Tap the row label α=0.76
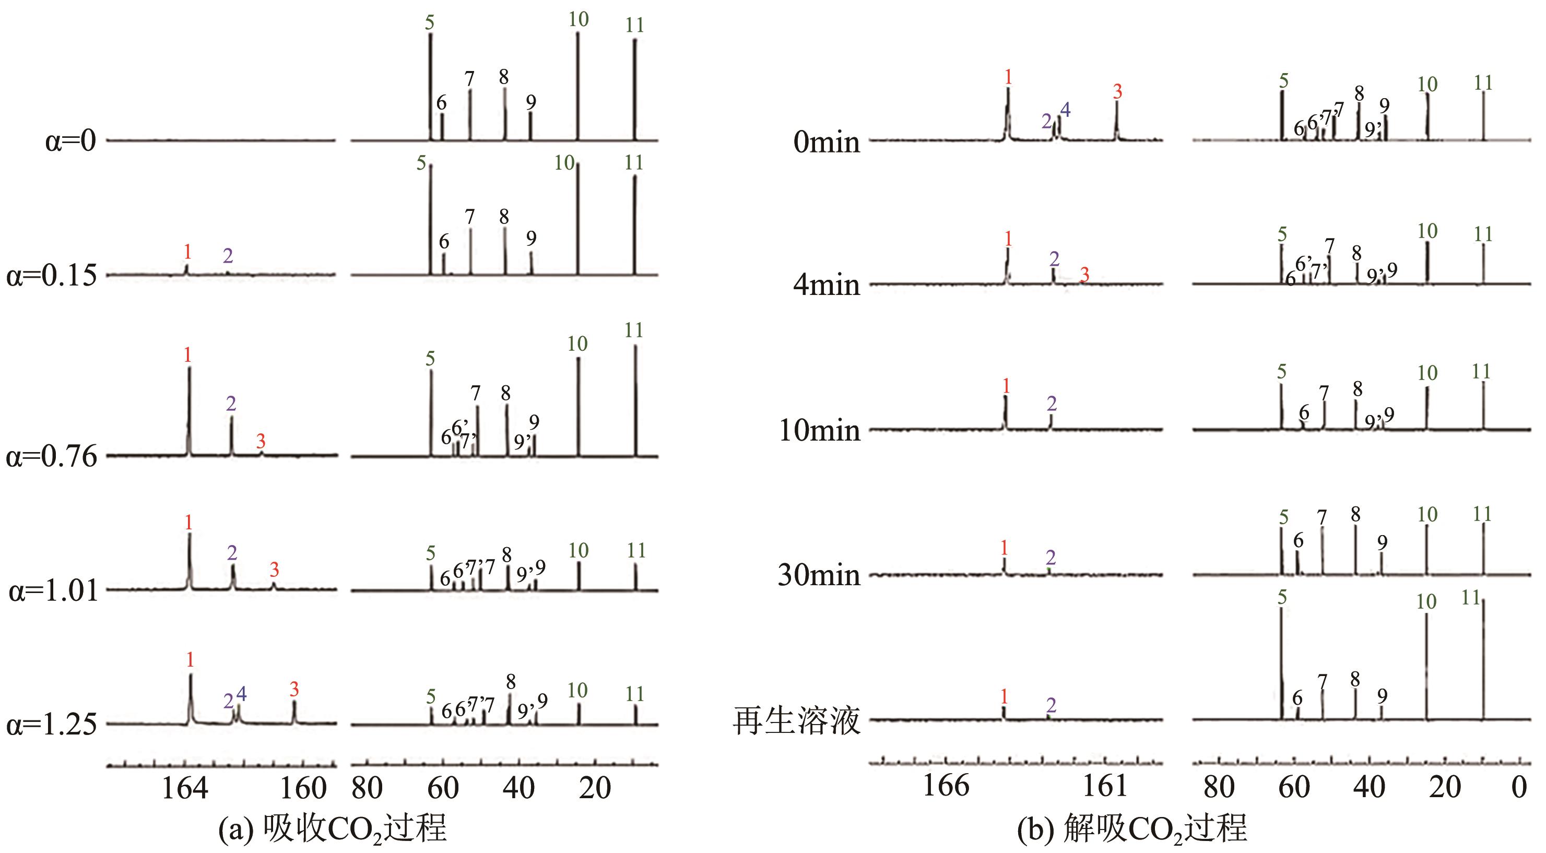pos(52,457)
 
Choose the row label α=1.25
pos(52,725)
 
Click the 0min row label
pos(827,143)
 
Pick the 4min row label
pos(827,285)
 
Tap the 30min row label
pos(819,575)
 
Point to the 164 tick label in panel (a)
pos(185,788)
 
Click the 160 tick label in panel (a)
pos(304,788)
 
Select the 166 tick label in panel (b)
pos(946,786)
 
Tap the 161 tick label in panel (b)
pos(1105,786)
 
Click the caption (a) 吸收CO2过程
pos(332,829)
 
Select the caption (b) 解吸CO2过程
pos(1132,829)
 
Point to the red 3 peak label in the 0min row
pos(1117,92)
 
